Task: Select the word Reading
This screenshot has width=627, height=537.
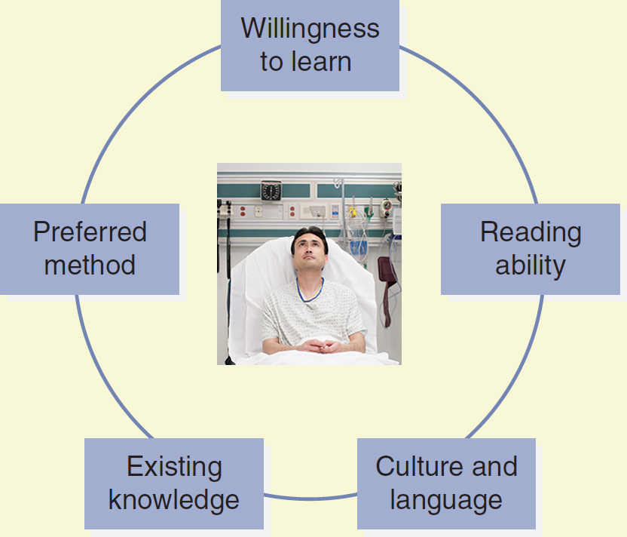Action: coord(531,233)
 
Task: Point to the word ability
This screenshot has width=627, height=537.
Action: coord(531,266)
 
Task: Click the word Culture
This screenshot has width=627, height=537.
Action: coord(420,466)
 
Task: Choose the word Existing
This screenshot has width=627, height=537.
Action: coord(174,468)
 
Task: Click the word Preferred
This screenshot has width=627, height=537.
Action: coord(90,232)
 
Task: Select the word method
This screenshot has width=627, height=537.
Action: coord(90,265)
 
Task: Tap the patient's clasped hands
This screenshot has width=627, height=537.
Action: coord(320,345)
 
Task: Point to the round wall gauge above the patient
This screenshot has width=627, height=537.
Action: coord(271,191)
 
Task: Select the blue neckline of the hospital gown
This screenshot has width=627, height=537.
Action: coord(310,291)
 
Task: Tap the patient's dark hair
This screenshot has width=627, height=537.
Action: coord(310,237)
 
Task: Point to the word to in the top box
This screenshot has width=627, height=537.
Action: coord(271,62)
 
